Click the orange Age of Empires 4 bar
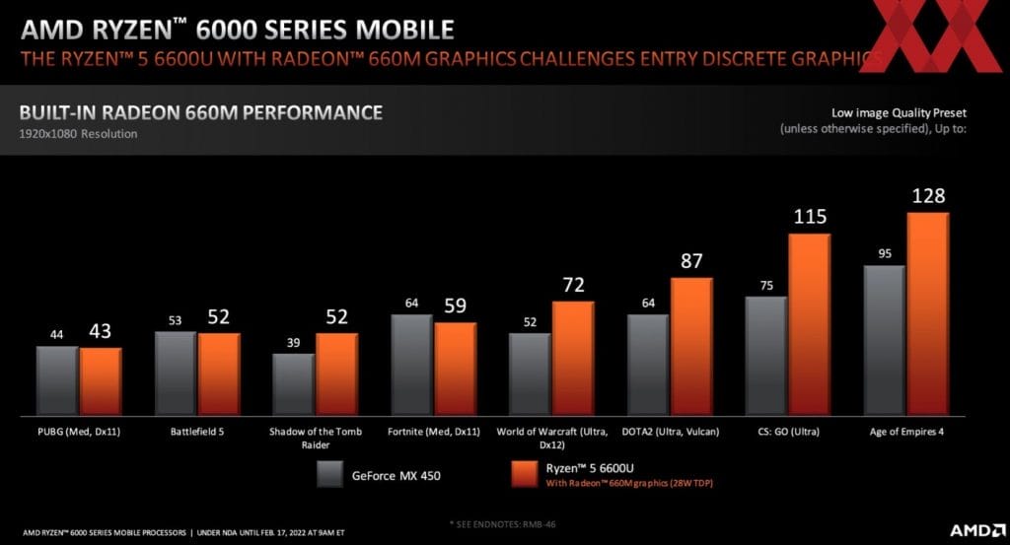click(x=928, y=313)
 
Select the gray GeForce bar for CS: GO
click(x=765, y=355)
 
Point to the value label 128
click(x=928, y=196)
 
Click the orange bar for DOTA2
click(x=691, y=346)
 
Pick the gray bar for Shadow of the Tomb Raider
click(x=294, y=383)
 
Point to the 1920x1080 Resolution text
click(x=79, y=134)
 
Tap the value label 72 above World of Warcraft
click(x=573, y=286)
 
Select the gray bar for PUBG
click(x=57, y=380)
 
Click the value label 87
click(x=691, y=262)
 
